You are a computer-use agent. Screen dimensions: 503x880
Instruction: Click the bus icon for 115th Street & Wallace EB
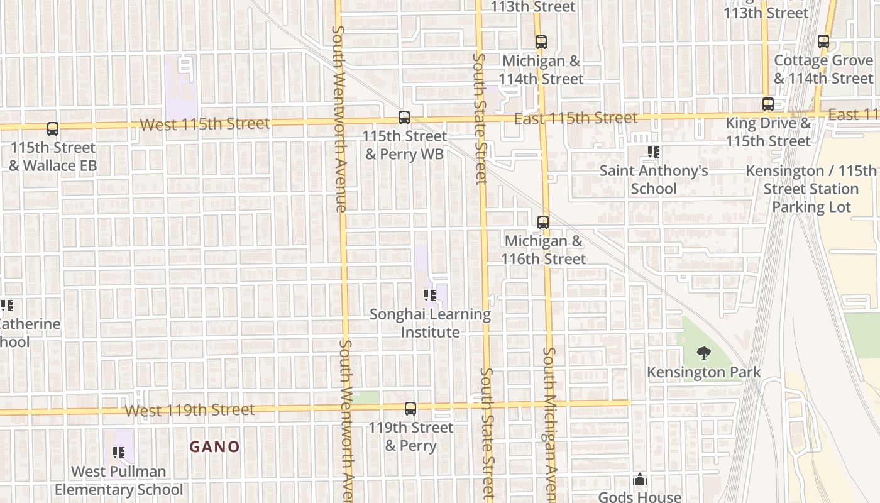(x=53, y=129)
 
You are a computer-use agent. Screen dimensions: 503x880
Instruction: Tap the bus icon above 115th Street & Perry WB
(x=404, y=118)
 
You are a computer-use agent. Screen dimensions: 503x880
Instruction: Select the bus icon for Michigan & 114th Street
(x=541, y=42)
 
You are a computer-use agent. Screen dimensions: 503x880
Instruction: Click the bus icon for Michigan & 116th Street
(x=543, y=222)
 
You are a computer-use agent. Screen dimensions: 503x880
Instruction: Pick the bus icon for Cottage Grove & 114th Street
(x=823, y=41)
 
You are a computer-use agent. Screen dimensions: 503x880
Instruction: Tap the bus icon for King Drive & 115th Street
(x=767, y=104)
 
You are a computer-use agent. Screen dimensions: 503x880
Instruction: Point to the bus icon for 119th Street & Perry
(x=410, y=409)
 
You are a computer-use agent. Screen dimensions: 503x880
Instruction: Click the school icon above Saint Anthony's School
(x=654, y=152)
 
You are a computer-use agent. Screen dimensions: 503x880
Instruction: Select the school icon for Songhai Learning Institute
(x=430, y=296)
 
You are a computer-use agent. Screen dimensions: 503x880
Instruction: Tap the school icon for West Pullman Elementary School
(x=119, y=453)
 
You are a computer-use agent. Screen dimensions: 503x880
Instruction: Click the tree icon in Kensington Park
(x=704, y=353)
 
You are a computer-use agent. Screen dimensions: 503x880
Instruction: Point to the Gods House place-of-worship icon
(x=640, y=480)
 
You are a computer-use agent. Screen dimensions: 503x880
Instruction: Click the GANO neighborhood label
(x=215, y=447)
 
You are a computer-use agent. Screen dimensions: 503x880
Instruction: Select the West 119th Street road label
(x=190, y=411)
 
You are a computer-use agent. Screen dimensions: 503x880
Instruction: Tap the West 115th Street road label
(x=205, y=124)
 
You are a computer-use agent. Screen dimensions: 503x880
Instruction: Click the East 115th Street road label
(x=576, y=118)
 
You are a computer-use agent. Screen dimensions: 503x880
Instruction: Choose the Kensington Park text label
(x=704, y=372)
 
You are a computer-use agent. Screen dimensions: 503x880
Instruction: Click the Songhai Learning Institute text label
(x=430, y=323)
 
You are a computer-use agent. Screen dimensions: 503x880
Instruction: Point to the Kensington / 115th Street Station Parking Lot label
(x=811, y=189)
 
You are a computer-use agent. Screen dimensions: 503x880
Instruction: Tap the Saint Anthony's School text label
(x=654, y=180)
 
